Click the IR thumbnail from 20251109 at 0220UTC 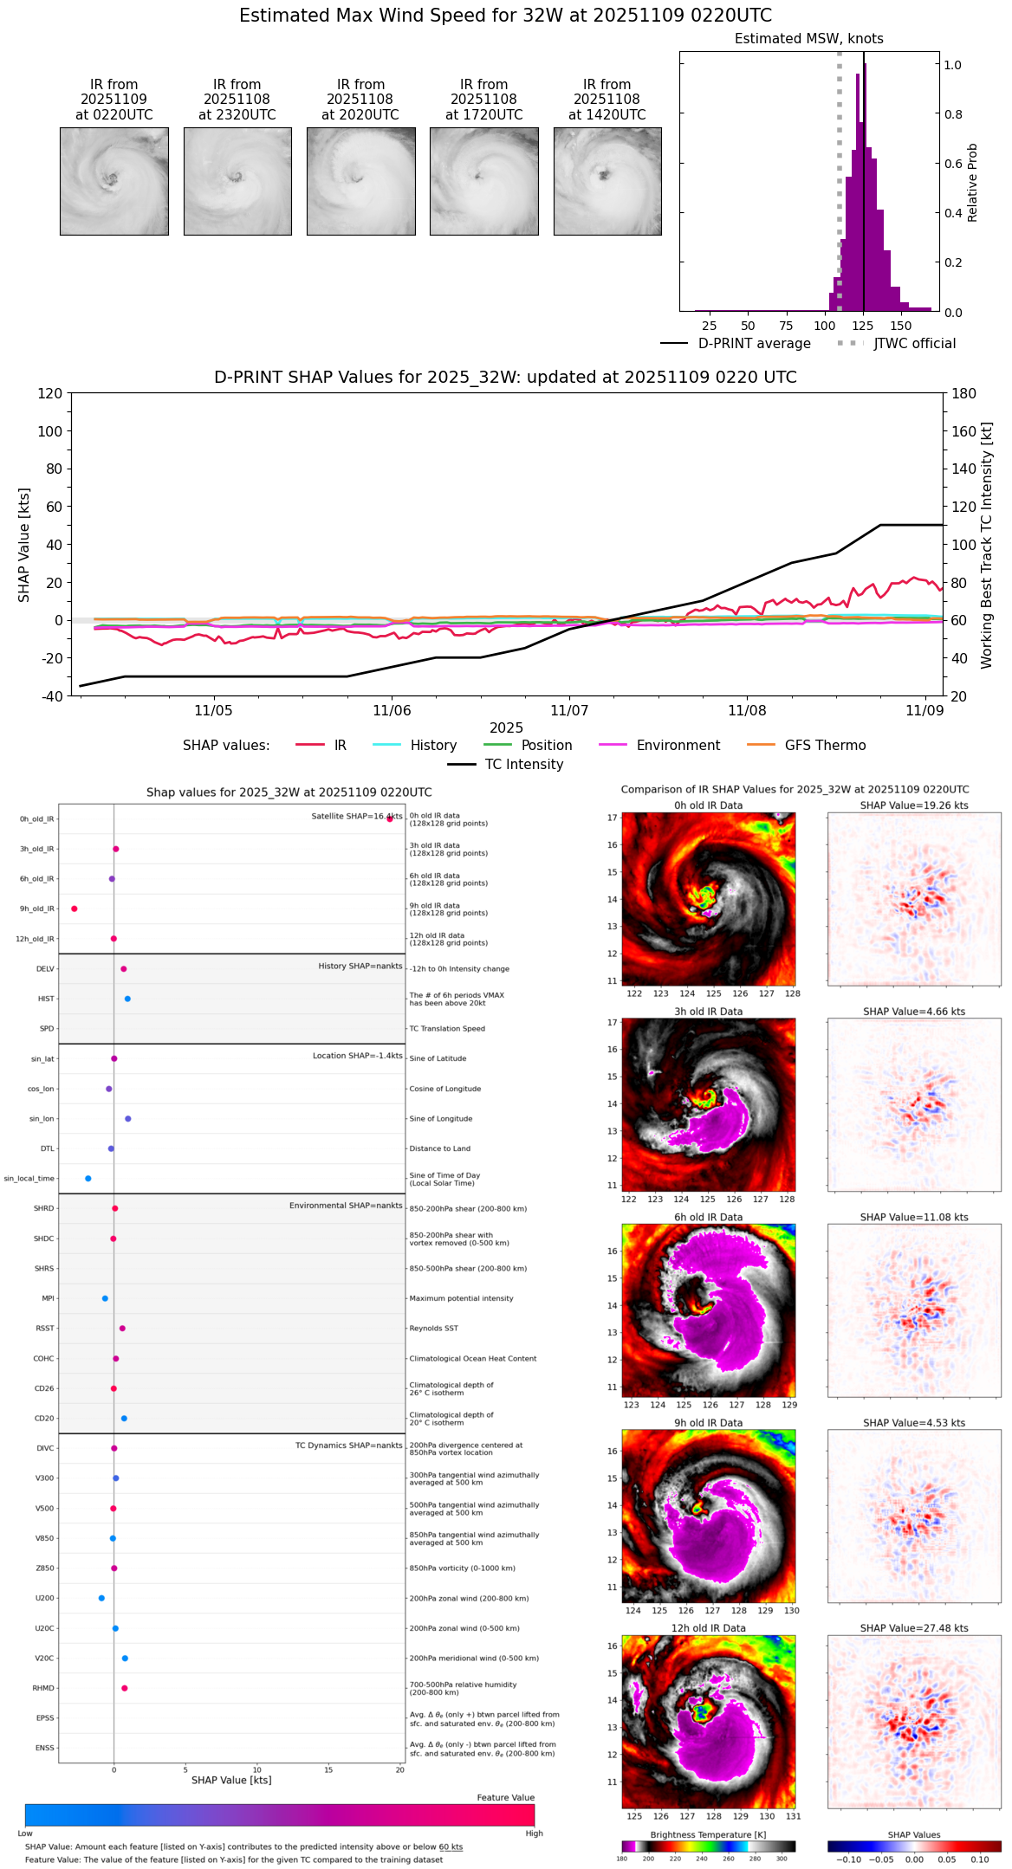pyautogui.click(x=114, y=181)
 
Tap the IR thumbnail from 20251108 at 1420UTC pyautogui.click(x=607, y=181)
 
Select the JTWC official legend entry pyautogui.click(x=914, y=344)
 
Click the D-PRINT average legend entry pyautogui.click(x=754, y=344)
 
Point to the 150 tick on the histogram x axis pyautogui.click(x=901, y=326)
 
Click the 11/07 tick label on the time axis pyautogui.click(x=569, y=711)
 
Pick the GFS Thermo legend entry pyautogui.click(x=825, y=746)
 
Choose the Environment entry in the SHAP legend pyautogui.click(x=678, y=746)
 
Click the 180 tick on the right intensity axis pyautogui.click(x=964, y=393)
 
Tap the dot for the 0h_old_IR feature pyautogui.click(x=390, y=818)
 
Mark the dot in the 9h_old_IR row pyautogui.click(x=75, y=909)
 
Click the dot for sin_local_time pyautogui.click(x=88, y=1179)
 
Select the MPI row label pyautogui.click(x=49, y=1298)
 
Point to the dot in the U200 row pyautogui.click(x=101, y=1598)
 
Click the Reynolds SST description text pyautogui.click(x=434, y=1329)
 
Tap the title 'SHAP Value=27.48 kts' pyautogui.click(x=914, y=1628)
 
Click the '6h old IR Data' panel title pyautogui.click(x=708, y=1217)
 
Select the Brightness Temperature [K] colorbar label pyautogui.click(x=708, y=1834)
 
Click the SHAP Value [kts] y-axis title pyautogui.click(x=24, y=545)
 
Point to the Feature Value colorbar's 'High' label pyautogui.click(x=534, y=1833)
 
